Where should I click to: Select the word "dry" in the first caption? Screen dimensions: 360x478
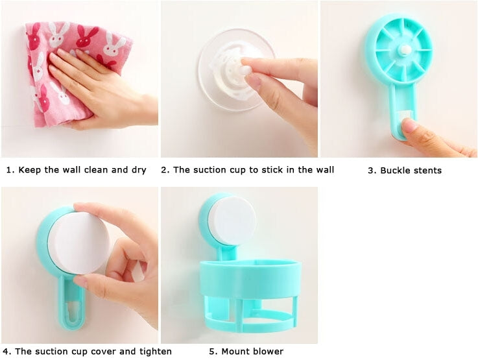tap(137, 170)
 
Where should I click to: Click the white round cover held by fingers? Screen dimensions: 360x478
tap(78, 242)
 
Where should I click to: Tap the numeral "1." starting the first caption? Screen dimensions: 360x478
tap(10, 170)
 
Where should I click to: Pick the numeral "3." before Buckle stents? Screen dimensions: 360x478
tap(372, 171)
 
